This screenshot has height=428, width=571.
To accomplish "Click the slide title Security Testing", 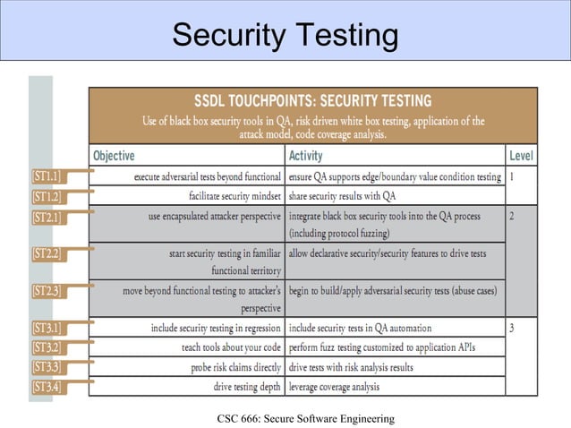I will pos(285,36).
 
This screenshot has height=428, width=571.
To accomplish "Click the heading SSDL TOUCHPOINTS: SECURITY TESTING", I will pos(312,99).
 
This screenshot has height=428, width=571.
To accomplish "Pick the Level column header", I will pos(521,156).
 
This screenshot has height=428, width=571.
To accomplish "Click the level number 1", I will pos(512,177).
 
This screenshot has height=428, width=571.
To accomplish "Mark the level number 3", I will pos(512,328).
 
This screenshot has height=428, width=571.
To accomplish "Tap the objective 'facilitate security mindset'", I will pos(235,196).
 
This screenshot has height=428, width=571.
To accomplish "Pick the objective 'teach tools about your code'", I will pos(230,347).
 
